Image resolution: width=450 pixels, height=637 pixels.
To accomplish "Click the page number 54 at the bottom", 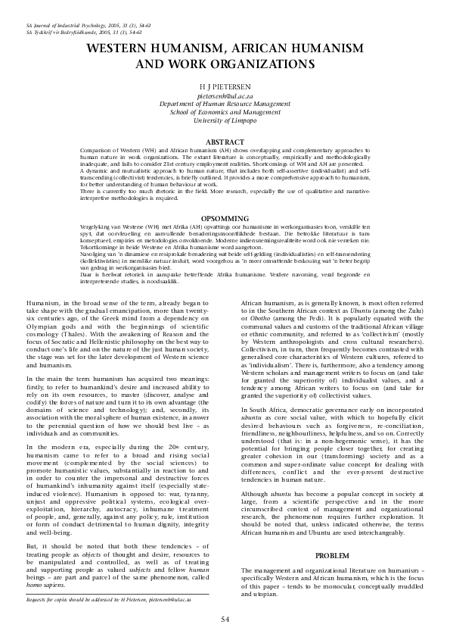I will coord(225,619).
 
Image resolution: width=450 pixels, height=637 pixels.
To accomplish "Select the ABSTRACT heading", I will coord(225,142).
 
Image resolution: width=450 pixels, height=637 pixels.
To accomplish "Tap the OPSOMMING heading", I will coord(225,217).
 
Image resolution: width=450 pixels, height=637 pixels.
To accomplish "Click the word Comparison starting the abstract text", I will coord(96,151).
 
